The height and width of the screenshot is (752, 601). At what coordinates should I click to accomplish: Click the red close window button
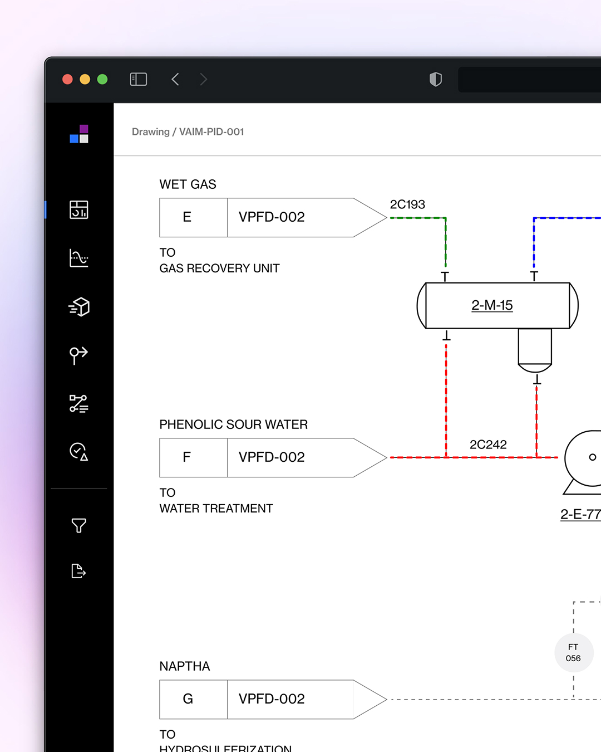[67, 79]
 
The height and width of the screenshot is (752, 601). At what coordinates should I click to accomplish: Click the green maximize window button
[102, 79]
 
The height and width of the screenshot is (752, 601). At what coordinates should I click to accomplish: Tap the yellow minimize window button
[85, 79]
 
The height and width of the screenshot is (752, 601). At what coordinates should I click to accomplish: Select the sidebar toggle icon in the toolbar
[138, 79]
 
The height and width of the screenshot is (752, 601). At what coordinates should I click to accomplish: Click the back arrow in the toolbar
[175, 79]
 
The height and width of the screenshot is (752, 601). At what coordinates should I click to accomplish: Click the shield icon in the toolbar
[436, 79]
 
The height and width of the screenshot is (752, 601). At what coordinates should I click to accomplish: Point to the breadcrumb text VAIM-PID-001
[211, 132]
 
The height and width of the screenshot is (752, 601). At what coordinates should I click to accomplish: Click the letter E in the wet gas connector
[187, 217]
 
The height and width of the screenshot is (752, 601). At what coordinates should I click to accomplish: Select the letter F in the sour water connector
[187, 457]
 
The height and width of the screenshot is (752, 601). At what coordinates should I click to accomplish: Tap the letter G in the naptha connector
[188, 699]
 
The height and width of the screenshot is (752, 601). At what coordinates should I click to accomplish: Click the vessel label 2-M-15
[492, 305]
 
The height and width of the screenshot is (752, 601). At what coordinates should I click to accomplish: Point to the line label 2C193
[407, 204]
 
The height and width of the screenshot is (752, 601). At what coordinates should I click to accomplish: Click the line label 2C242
[488, 445]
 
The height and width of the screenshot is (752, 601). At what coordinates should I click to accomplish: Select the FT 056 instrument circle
[573, 652]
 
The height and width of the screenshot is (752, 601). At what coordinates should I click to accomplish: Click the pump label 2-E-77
[580, 514]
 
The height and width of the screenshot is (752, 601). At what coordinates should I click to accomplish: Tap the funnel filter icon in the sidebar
[79, 525]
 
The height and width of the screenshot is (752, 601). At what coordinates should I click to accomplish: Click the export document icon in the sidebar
[78, 571]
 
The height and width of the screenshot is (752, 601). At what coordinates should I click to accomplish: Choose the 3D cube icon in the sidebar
[79, 306]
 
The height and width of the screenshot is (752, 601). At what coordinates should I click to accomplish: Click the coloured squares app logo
[79, 134]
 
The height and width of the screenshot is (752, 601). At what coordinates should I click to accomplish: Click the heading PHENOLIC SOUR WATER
[233, 424]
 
